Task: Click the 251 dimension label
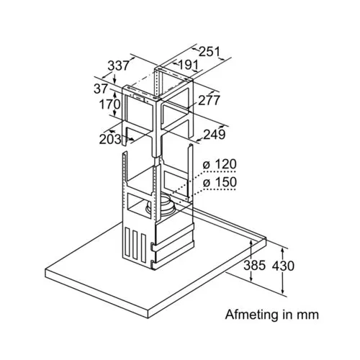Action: coord(210,52)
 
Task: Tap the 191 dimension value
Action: coord(189,65)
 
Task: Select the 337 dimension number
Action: coord(118,66)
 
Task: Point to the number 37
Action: coord(101,89)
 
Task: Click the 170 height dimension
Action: coord(109,104)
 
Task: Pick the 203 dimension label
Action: coord(110,139)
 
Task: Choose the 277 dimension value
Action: coord(209,100)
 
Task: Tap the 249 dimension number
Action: coord(215,135)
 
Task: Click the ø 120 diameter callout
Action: coord(220,165)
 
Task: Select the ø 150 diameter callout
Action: coord(220,182)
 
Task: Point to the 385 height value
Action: coord(255,266)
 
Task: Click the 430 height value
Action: coord(283,266)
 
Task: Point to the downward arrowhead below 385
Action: coord(251,278)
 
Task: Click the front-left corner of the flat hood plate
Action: coord(45,269)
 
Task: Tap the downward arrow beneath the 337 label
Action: coord(114,78)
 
